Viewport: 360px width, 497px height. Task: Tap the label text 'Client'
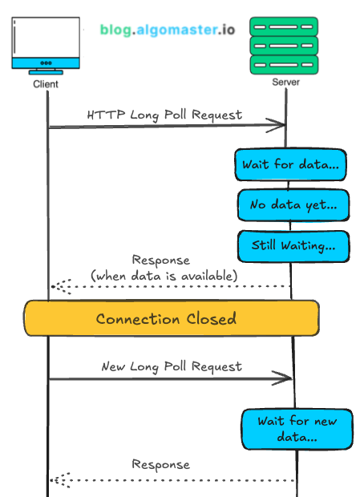[x=46, y=83]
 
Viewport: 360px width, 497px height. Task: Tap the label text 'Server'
[x=286, y=83]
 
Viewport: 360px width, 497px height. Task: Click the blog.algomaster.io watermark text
[x=168, y=30]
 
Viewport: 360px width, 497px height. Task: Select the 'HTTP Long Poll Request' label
[x=164, y=115]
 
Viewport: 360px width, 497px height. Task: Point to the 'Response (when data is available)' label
[x=164, y=268]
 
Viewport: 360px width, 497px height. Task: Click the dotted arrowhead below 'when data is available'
[x=57, y=286]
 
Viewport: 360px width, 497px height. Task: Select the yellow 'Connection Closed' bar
[x=171, y=318]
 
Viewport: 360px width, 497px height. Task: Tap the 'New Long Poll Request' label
[x=171, y=366]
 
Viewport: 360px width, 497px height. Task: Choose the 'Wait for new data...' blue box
[x=297, y=429]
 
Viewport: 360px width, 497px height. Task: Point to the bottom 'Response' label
[x=161, y=464]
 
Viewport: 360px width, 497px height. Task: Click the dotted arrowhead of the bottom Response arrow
[x=56, y=479]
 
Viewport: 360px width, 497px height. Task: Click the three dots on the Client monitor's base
[x=46, y=63]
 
